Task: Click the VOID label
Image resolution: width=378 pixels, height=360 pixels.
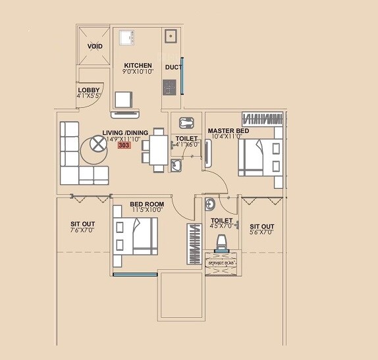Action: pos(95,46)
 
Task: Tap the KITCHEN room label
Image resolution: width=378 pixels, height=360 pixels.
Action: pos(138,66)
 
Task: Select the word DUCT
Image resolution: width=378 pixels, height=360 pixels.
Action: pos(173,67)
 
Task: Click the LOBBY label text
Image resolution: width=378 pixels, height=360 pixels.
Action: pos(89,90)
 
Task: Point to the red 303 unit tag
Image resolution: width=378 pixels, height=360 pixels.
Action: pos(124,146)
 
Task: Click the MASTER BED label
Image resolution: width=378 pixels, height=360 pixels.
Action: pos(229,131)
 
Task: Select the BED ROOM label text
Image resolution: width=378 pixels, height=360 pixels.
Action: pos(146,205)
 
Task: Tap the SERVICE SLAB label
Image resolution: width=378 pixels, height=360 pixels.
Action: pos(221,263)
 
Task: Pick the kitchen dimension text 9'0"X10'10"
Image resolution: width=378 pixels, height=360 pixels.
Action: pos(138,72)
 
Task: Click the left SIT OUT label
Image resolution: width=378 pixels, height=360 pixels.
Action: pos(83,224)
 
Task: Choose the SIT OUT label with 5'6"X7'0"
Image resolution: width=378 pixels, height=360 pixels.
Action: pos(262,226)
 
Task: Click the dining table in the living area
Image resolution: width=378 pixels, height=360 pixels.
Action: pos(158,149)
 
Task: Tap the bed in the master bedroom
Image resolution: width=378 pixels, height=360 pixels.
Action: pos(259,158)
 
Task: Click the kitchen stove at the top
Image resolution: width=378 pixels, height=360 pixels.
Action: pos(126,37)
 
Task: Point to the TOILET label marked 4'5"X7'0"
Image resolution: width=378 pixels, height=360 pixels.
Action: pos(221,221)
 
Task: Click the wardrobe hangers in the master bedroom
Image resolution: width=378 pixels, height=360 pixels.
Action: pos(261,118)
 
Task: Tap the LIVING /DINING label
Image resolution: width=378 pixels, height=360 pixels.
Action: pos(125,132)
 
